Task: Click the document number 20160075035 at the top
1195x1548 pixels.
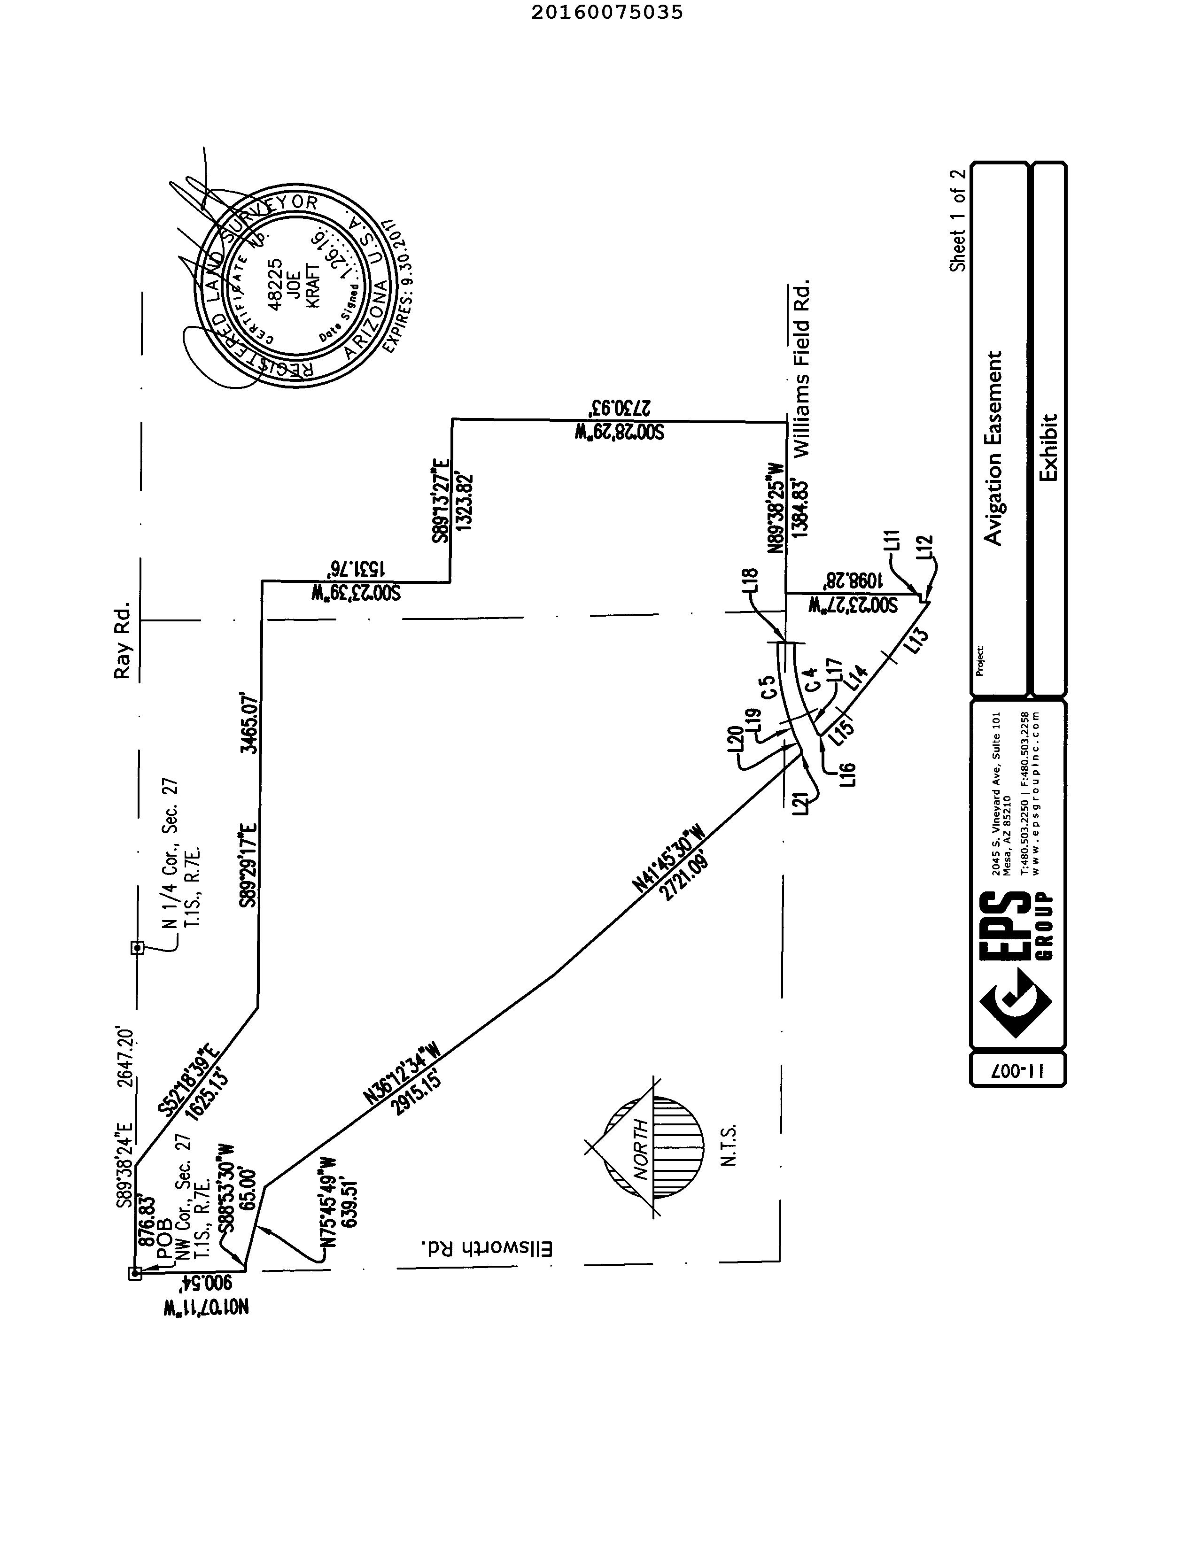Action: [607, 12]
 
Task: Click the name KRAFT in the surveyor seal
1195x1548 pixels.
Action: [312, 285]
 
